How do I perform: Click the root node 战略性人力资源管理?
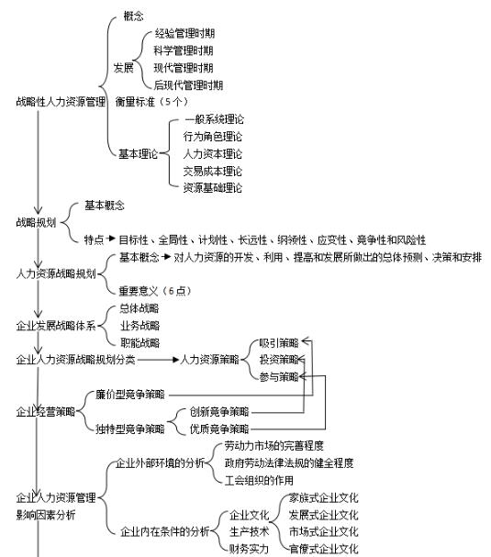(61, 102)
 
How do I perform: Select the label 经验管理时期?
(184, 33)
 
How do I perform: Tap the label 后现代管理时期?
(188, 85)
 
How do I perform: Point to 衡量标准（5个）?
(151, 102)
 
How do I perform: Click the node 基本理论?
(138, 154)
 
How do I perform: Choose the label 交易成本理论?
(213, 172)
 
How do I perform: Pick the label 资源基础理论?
(213, 188)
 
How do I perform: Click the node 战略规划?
(36, 222)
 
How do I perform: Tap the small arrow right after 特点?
(111, 239)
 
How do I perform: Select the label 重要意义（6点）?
(155, 291)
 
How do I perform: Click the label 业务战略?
(140, 326)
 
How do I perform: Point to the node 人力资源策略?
(209, 360)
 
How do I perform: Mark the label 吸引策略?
(279, 343)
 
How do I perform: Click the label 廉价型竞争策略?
(130, 395)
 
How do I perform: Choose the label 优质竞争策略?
(219, 429)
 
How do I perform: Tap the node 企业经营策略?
(46, 412)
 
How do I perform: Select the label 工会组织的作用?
(259, 481)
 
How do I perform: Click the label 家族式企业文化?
(323, 498)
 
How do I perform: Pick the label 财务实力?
(249, 549)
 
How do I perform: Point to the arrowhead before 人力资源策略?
(175, 360)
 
